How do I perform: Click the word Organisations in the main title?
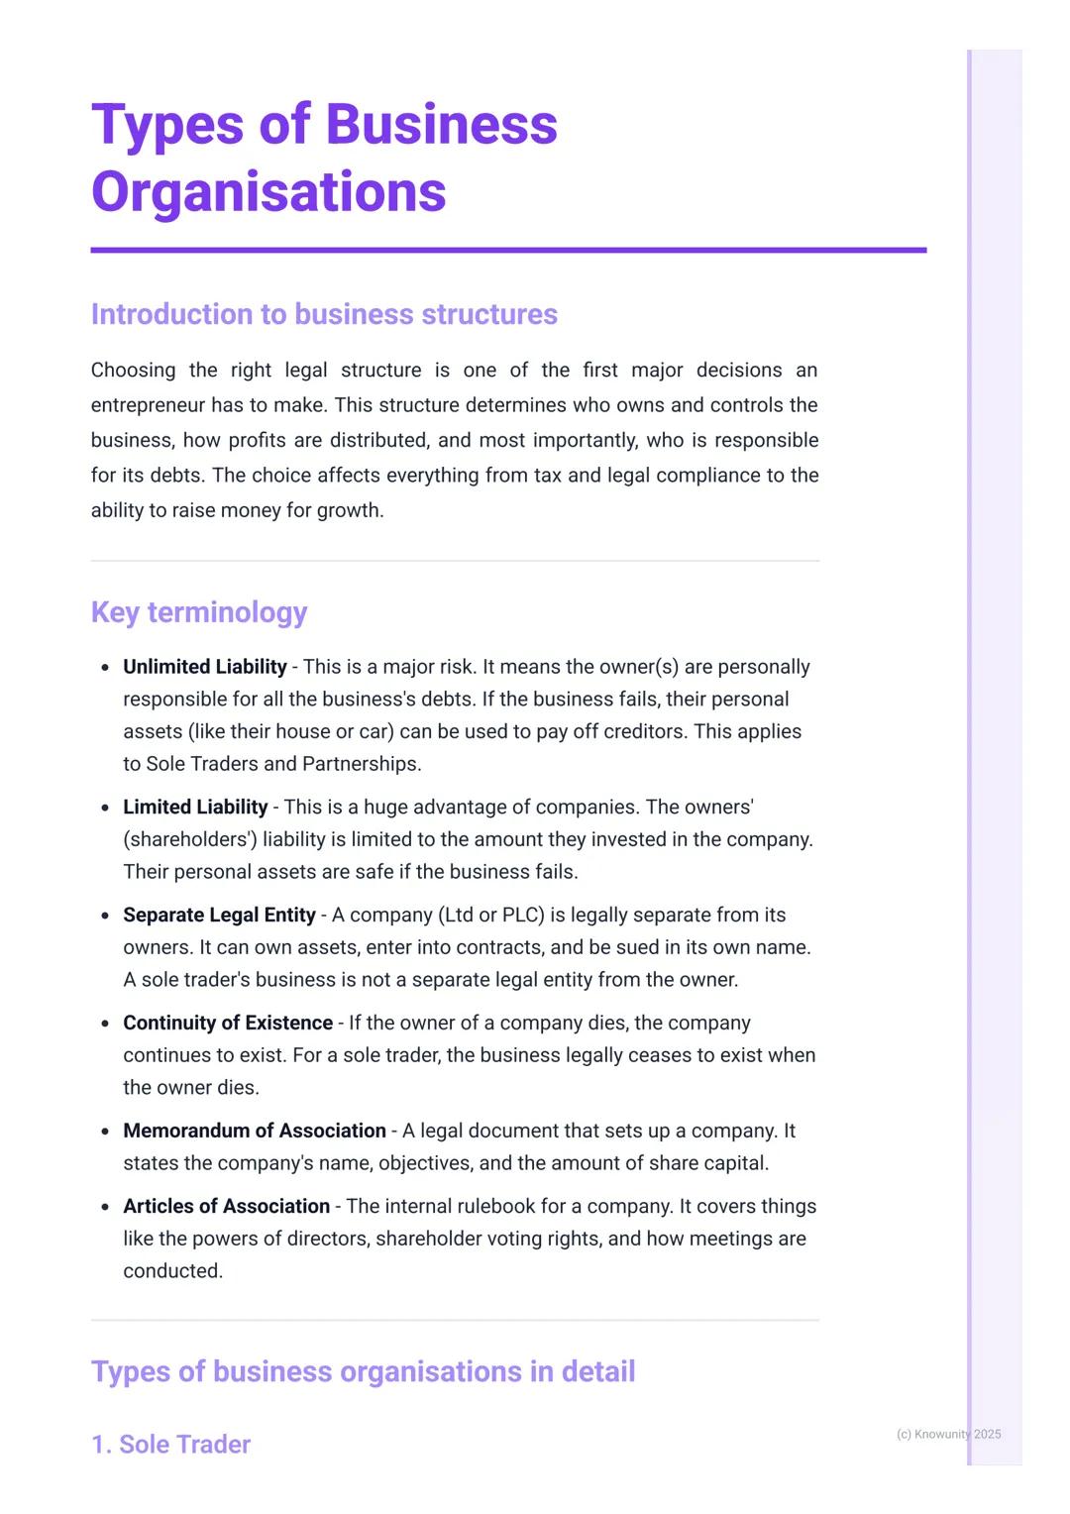point(268,191)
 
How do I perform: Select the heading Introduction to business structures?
point(324,314)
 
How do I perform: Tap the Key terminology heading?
point(199,612)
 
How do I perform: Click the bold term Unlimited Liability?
point(204,667)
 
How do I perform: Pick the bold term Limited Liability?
point(195,808)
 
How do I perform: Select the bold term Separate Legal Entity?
point(219,916)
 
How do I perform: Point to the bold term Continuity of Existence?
point(228,1023)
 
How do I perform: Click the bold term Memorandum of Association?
point(255,1131)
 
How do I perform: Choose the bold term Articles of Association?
point(226,1206)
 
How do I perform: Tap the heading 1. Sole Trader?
point(170,1445)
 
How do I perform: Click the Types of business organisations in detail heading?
point(363,1371)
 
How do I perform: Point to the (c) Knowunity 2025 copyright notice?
point(948,1434)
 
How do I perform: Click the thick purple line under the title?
point(508,251)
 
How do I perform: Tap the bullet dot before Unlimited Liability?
point(105,668)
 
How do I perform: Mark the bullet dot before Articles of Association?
point(105,1207)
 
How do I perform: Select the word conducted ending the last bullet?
point(172,1270)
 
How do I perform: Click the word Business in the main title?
point(441,125)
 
